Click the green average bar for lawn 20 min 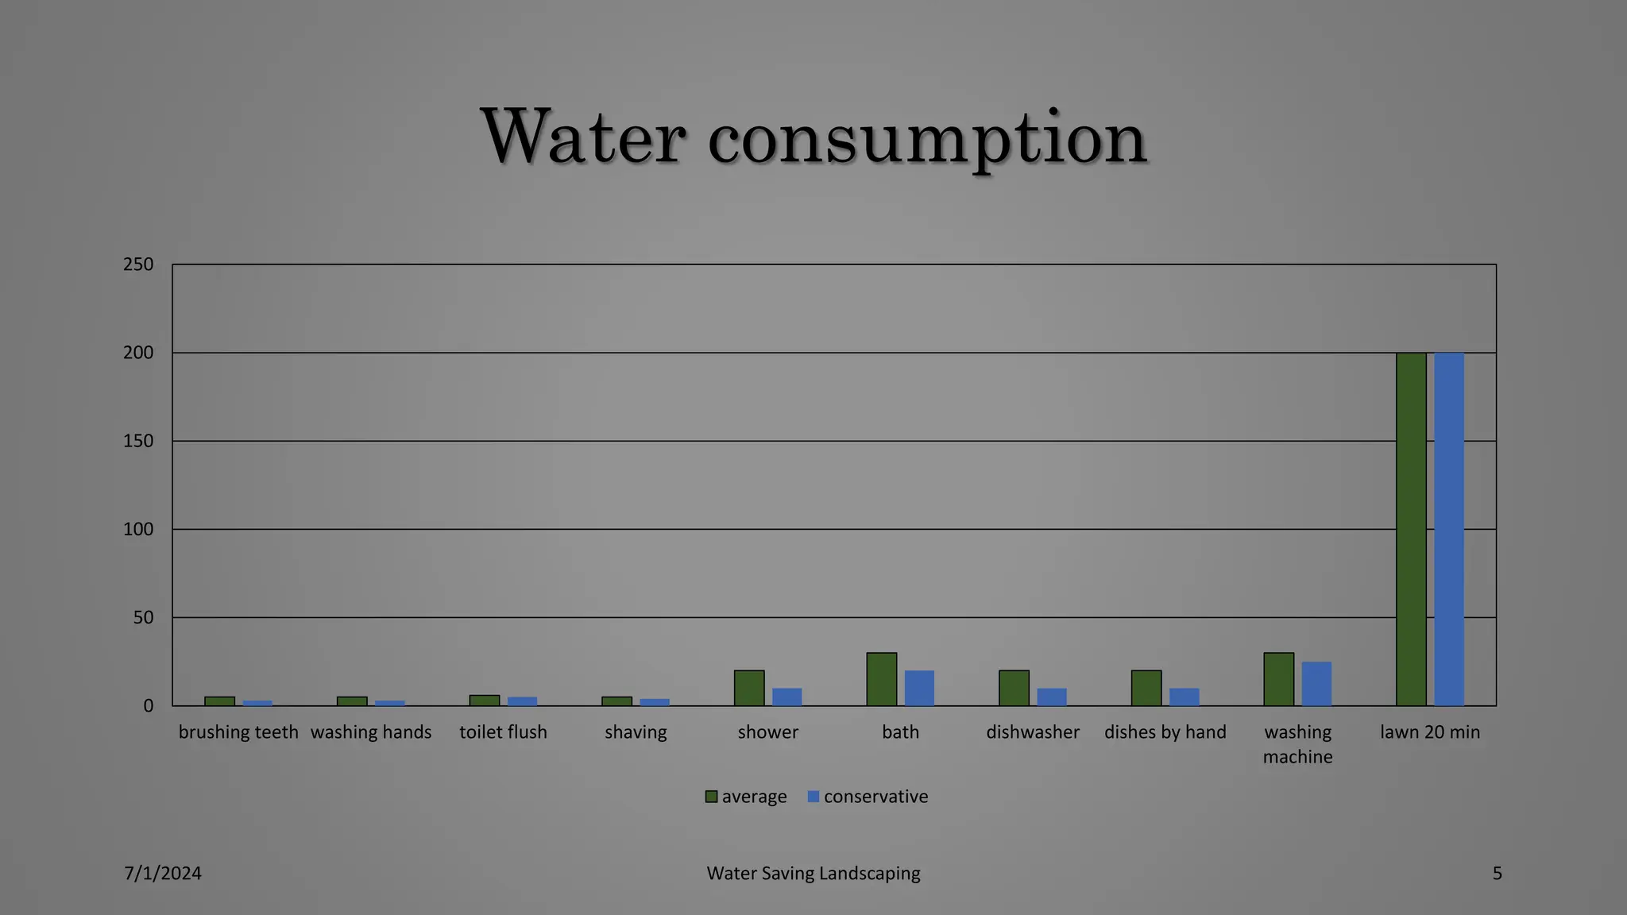click(1411, 529)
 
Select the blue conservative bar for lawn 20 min click(1449, 529)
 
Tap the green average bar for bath click(881, 679)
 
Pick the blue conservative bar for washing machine click(1316, 684)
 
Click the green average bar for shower click(749, 688)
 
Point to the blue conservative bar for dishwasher click(1052, 697)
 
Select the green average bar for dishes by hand click(1146, 688)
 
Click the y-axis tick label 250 click(138, 264)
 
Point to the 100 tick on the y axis click(138, 529)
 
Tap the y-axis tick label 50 click(143, 617)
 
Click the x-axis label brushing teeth click(238, 732)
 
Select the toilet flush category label click(503, 732)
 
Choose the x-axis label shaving click(636, 732)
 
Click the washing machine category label click(1297, 744)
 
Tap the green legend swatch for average click(711, 797)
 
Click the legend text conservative click(875, 797)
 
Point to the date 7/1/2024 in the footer click(163, 874)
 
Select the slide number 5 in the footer click(1497, 874)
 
